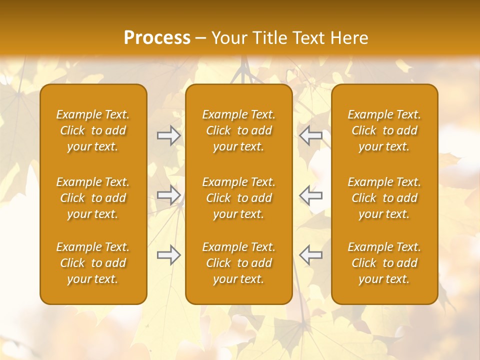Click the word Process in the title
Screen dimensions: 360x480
pyautogui.click(x=157, y=38)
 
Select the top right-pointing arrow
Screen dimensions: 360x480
pyautogui.click(x=168, y=135)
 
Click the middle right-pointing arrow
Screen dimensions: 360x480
pyautogui.click(x=168, y=194)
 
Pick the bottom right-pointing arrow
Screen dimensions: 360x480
pyautogui.click(x=168, y=255)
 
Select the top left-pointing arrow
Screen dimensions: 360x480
pyautogui.click(x=311, y=135)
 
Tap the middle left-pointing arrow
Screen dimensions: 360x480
pyautogui.click(x=311, y=194)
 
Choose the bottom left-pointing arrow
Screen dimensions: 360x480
pyautogui.click(x=311, y=255)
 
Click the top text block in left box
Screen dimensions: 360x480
pyautogui.click(x=93, y=130)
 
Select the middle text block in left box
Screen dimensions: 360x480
pyautogui.click(x=93, y=198)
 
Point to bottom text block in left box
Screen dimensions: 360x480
pyautogui.click(x=93, y=263)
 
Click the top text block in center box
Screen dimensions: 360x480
pyautogui.click(x=238, y=130)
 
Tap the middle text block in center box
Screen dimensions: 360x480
pyautogui.click(x=238, y=198)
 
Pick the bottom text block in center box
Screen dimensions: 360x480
pyautogui.click(x=238, y=263)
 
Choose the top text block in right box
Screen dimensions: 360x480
pyautogui.click(x=384, y=130)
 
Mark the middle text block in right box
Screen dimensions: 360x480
pyautogui.click(x=384, y=198)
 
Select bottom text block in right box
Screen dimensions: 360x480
pyautogui.click(x=384, y=263)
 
